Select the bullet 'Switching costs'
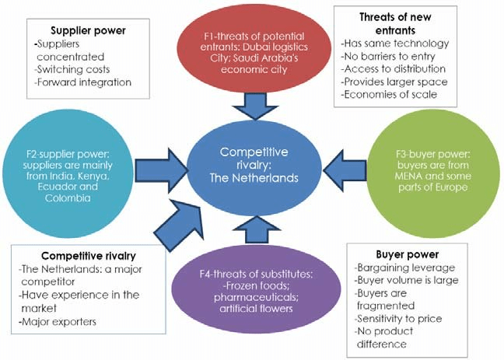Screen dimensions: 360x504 (x=72, y=68)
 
